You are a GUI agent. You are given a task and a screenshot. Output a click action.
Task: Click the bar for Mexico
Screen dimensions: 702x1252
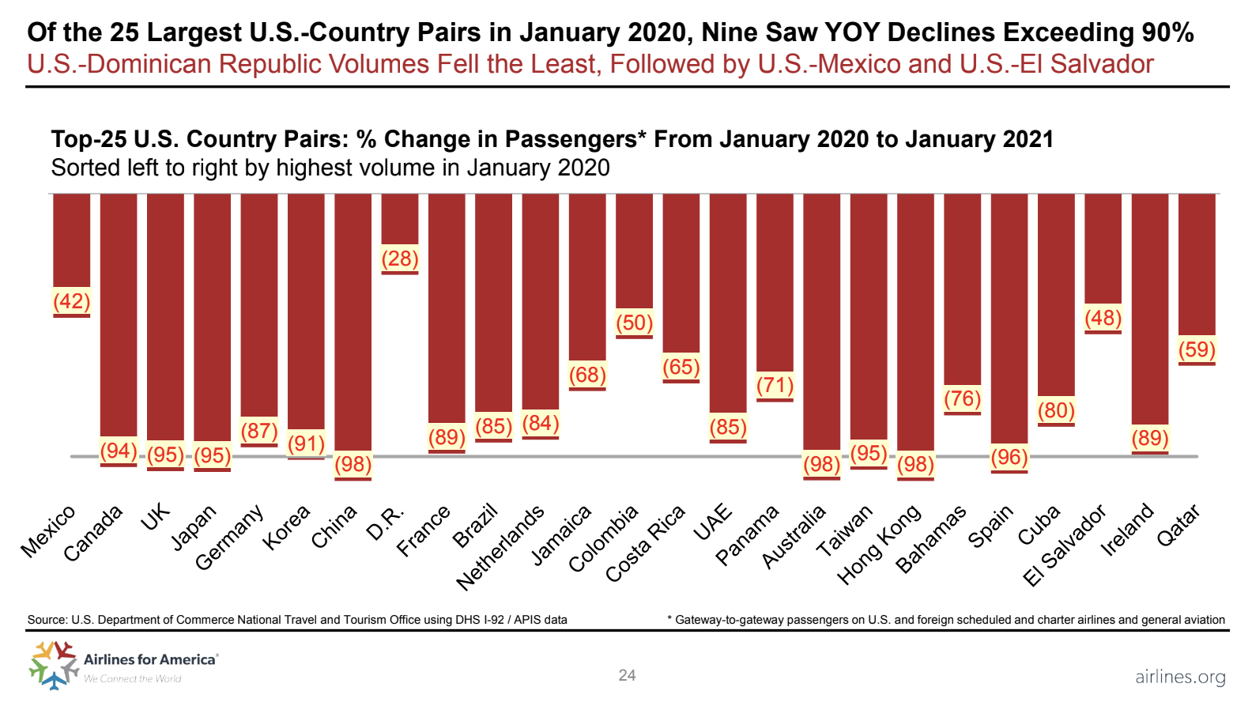point(71,240)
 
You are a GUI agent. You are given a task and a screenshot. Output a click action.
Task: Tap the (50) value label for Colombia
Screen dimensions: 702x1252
point(634,323)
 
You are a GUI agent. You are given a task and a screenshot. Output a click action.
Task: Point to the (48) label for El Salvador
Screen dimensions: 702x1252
point(1103,318)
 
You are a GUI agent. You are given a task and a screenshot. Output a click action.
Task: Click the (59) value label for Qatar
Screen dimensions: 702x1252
point(1197,349)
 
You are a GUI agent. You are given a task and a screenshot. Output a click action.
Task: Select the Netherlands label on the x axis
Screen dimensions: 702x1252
point(501,546)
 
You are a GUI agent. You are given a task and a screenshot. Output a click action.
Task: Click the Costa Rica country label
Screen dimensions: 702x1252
point(646,543)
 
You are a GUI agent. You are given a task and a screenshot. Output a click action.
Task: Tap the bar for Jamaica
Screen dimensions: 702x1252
point(587,277)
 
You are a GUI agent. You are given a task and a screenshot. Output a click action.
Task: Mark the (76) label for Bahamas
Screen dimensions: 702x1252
point(962,398)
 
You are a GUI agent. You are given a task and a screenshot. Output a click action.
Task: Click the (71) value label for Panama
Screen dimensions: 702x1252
point(775,385)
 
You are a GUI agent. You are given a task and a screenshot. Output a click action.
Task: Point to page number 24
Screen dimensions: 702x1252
point(627,675)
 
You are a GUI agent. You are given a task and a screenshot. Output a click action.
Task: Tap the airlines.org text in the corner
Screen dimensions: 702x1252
point(1180,677)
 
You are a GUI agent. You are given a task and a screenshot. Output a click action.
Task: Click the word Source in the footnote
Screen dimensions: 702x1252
point(47,620)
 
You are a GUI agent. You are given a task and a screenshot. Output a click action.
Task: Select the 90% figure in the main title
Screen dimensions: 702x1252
point(1167,32)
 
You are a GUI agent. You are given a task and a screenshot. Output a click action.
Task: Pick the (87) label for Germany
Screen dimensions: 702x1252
point(259,431)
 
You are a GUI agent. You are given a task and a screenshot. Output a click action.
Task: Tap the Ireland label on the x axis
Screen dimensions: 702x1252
point(1128,530)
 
